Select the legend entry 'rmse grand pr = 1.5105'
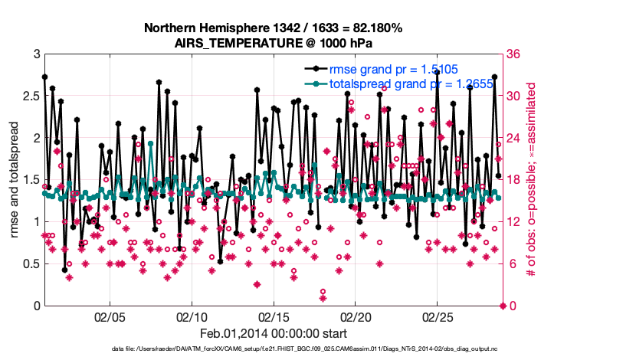point(393,70)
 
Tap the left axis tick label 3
point(36,55)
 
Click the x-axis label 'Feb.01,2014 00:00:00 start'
point(274,333)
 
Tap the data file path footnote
point(315,349)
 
